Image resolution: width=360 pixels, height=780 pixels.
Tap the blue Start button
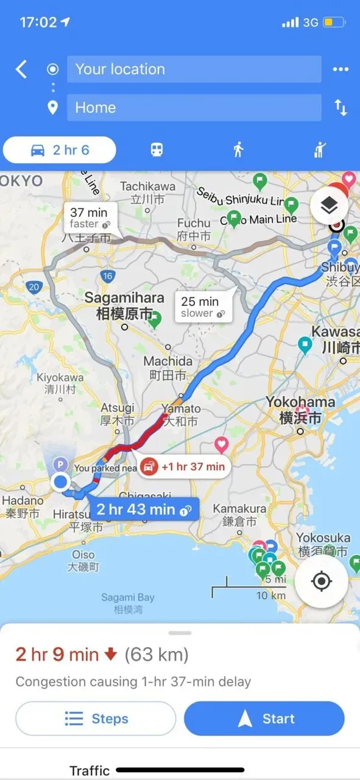(x=264, y=718)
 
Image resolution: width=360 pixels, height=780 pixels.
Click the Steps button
(x=96, y=718)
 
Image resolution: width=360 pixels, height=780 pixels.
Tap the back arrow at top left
(x=21, y=69)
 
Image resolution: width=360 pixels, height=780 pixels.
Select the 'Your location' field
(x=194, y=69)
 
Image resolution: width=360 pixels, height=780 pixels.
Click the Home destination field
(x=194, y=108)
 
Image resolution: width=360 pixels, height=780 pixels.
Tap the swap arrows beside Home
(x=341, y=108)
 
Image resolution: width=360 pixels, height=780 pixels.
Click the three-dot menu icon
(x=341, y=69)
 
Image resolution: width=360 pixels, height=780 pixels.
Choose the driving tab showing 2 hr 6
(x=60, y=150)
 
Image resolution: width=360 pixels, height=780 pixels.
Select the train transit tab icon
(x=157, y=150)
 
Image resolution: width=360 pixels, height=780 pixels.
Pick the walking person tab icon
(x=238, y=150)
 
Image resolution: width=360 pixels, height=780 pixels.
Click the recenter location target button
(x=321, y=581)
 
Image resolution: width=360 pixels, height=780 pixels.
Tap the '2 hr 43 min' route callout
(x=144, y=509)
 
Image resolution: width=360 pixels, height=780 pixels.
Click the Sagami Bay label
(x=128, y=603)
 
